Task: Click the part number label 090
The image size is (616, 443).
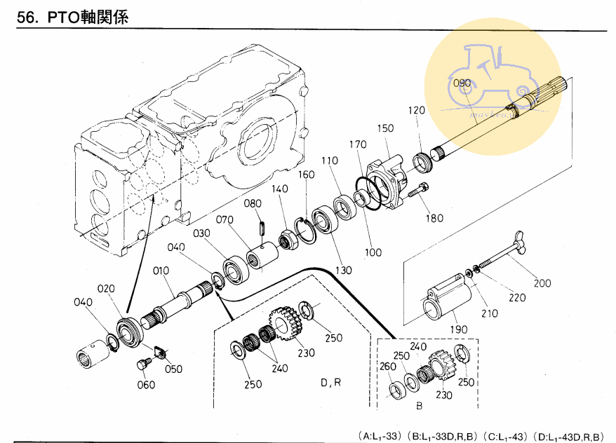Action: (x=462, y=83)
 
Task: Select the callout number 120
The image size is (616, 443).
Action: (x=417, y=111)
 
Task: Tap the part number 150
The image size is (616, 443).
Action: (x=386, y=128)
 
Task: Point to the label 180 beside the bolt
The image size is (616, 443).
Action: (x=434, y=218)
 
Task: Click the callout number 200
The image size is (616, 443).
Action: (x=542, y=284)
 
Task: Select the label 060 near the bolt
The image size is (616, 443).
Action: (x=146, y=385)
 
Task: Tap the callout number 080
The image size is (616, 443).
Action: (x=253, y=204)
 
